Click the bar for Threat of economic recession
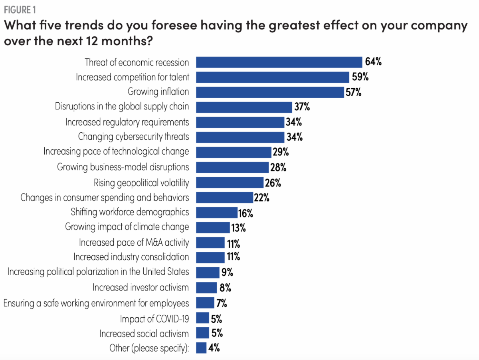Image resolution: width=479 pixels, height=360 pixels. [279, 62]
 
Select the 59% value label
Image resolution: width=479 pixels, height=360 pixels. [360, 77]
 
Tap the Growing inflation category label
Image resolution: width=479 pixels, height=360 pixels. [158, 91]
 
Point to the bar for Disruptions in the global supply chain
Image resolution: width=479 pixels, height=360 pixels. [244, 107]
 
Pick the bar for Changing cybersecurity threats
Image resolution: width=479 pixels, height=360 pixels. [240, 137]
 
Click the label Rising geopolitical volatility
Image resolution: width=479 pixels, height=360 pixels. [141, 183]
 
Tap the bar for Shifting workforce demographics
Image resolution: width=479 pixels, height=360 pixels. [217, 212]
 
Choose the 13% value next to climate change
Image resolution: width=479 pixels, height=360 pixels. [238, 228]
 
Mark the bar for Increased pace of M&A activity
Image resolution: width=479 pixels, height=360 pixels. [211, 243]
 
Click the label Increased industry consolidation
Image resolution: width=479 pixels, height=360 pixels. [131, 257]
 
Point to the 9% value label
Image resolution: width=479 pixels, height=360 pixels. [227, 272]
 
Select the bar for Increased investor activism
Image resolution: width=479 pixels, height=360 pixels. [206, 287]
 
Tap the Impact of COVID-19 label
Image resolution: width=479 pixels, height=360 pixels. [154, 318]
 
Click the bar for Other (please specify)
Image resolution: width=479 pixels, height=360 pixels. [202, 348]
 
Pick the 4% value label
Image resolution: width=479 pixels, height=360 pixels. [214, 348]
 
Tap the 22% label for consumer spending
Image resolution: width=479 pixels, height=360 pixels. [261, 198]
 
